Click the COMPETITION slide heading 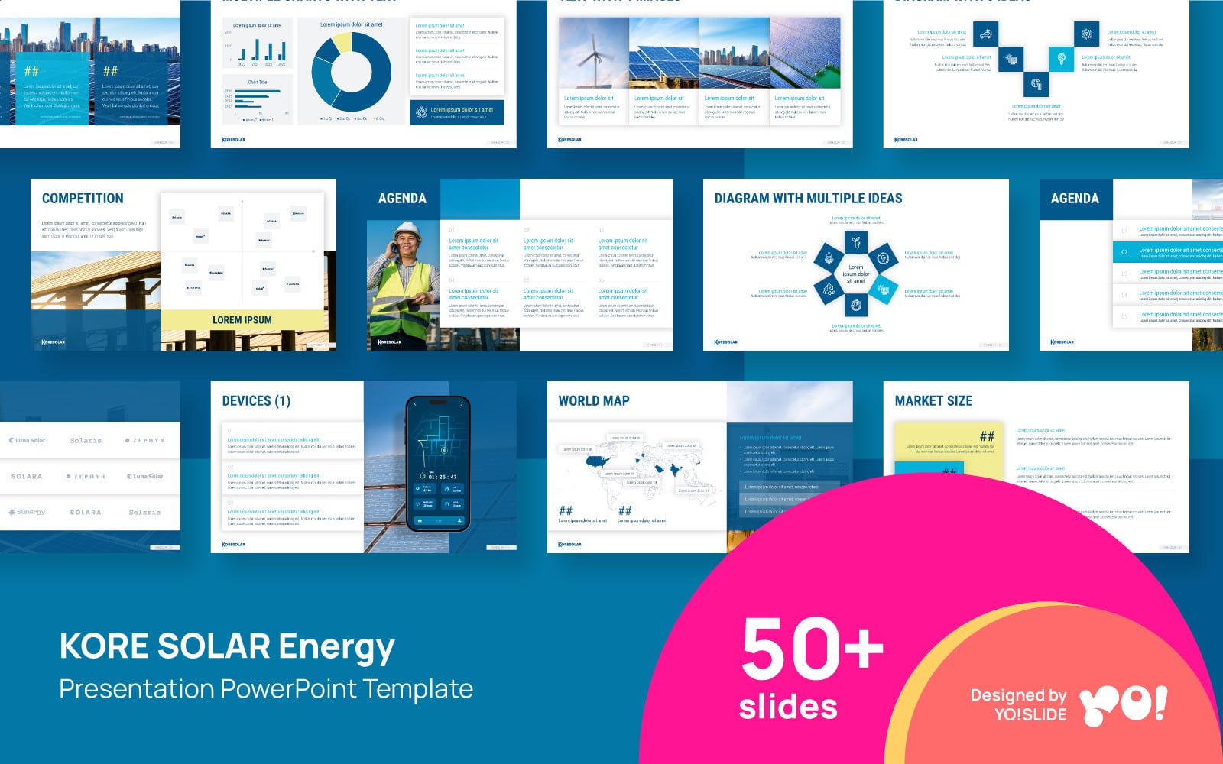83,199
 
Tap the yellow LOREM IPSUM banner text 242,320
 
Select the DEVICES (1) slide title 256,401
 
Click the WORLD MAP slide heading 594,401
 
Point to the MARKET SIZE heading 933,401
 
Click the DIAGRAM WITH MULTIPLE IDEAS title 808,199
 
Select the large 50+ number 812,649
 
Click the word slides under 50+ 788,707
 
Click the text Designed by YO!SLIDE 1018,704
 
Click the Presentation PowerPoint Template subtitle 266,689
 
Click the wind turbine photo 594,53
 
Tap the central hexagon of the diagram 855,274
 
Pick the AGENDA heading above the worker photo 402,199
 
